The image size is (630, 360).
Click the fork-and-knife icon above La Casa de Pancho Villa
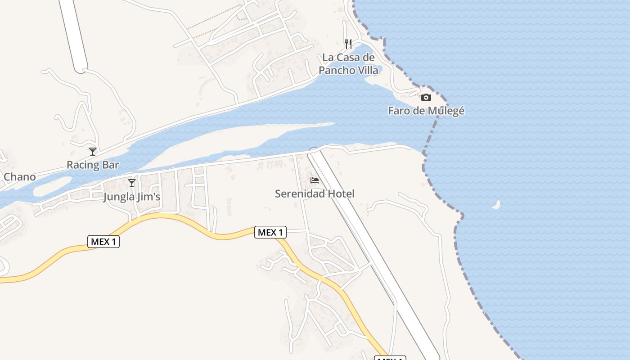(x=348, y=44)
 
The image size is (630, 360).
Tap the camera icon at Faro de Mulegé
(x=426, y=97)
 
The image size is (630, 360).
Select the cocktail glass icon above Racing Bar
(x=93, y=152)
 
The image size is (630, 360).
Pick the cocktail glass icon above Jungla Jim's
(x=132, y=183)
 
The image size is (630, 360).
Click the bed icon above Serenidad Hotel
(x=315, y=180)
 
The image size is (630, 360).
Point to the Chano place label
(x=19, y=177)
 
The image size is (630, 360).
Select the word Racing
(x=83, y=165)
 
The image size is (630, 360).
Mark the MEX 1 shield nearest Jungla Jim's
(x=103, y=242)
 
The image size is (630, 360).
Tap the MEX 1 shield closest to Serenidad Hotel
(x=270, y=232)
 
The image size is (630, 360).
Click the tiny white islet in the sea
(x=497, y=205)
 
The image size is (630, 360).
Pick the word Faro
(x=398, y=111)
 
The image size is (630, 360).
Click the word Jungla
(x=118, y=197)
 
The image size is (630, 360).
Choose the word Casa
(x=347, y=58)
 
